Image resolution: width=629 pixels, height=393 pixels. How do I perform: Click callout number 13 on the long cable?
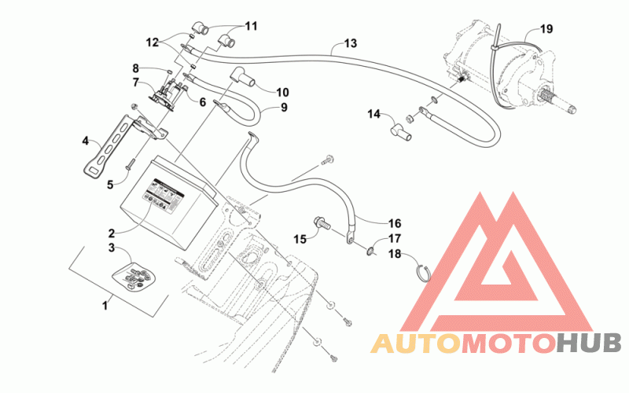coord(350,43)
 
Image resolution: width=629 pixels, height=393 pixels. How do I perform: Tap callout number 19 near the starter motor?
coord(546,29)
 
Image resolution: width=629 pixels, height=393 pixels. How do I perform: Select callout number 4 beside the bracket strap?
coord(86,141)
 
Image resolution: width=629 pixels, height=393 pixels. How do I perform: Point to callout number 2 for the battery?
coord(112,233)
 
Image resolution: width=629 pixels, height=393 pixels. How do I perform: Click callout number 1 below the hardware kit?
coord(105,306)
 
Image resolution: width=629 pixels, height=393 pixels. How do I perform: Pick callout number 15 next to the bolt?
coord(300,240)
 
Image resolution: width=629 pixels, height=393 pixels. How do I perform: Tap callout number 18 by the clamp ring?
coord(395,254)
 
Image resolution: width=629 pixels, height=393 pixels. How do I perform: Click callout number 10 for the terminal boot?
coord(282,92)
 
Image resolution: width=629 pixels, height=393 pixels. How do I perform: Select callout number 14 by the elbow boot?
coord(374,114)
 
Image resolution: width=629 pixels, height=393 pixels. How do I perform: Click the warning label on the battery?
coord(164,195)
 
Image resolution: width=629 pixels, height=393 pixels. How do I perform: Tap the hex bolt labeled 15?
coord(322,223)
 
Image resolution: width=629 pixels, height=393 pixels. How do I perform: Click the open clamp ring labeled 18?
coord(422,273)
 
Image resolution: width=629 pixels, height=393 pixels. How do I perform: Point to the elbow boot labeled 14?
coord(400,134)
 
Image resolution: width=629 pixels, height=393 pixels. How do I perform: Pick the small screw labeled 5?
coord(131,164)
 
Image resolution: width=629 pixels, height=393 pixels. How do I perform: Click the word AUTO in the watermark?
coord(416,344)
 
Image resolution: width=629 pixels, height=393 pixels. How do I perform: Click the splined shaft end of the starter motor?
coord(559,100)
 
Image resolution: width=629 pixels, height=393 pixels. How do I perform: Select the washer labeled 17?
coord(370,252)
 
